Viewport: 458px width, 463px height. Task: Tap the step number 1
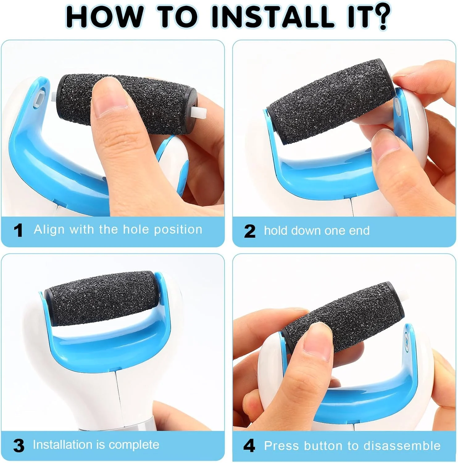click(18, 231)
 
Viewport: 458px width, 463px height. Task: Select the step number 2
click(250, 231)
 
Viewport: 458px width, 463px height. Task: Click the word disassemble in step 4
click(402, 446)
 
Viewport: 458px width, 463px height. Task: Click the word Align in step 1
click(49, 230)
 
